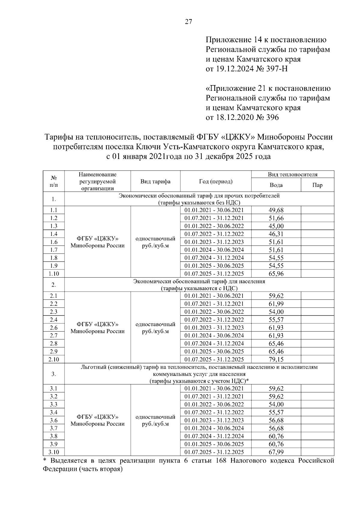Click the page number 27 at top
[188, 22]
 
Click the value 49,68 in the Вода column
[276, 210]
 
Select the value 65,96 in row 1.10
[276, 274]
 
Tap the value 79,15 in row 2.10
[276, 359]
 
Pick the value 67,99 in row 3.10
[276, 452]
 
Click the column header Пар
[317, 185]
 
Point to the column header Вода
[276, 185]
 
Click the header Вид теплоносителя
[292, 174]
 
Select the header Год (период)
[215, 182]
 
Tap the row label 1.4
[54, 234]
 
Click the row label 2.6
[54, 328]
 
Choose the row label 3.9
[54, 444]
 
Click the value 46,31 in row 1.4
[276, 234]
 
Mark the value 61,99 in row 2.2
[276, 304]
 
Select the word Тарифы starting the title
[60, 137]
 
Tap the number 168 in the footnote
[223, 461]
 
